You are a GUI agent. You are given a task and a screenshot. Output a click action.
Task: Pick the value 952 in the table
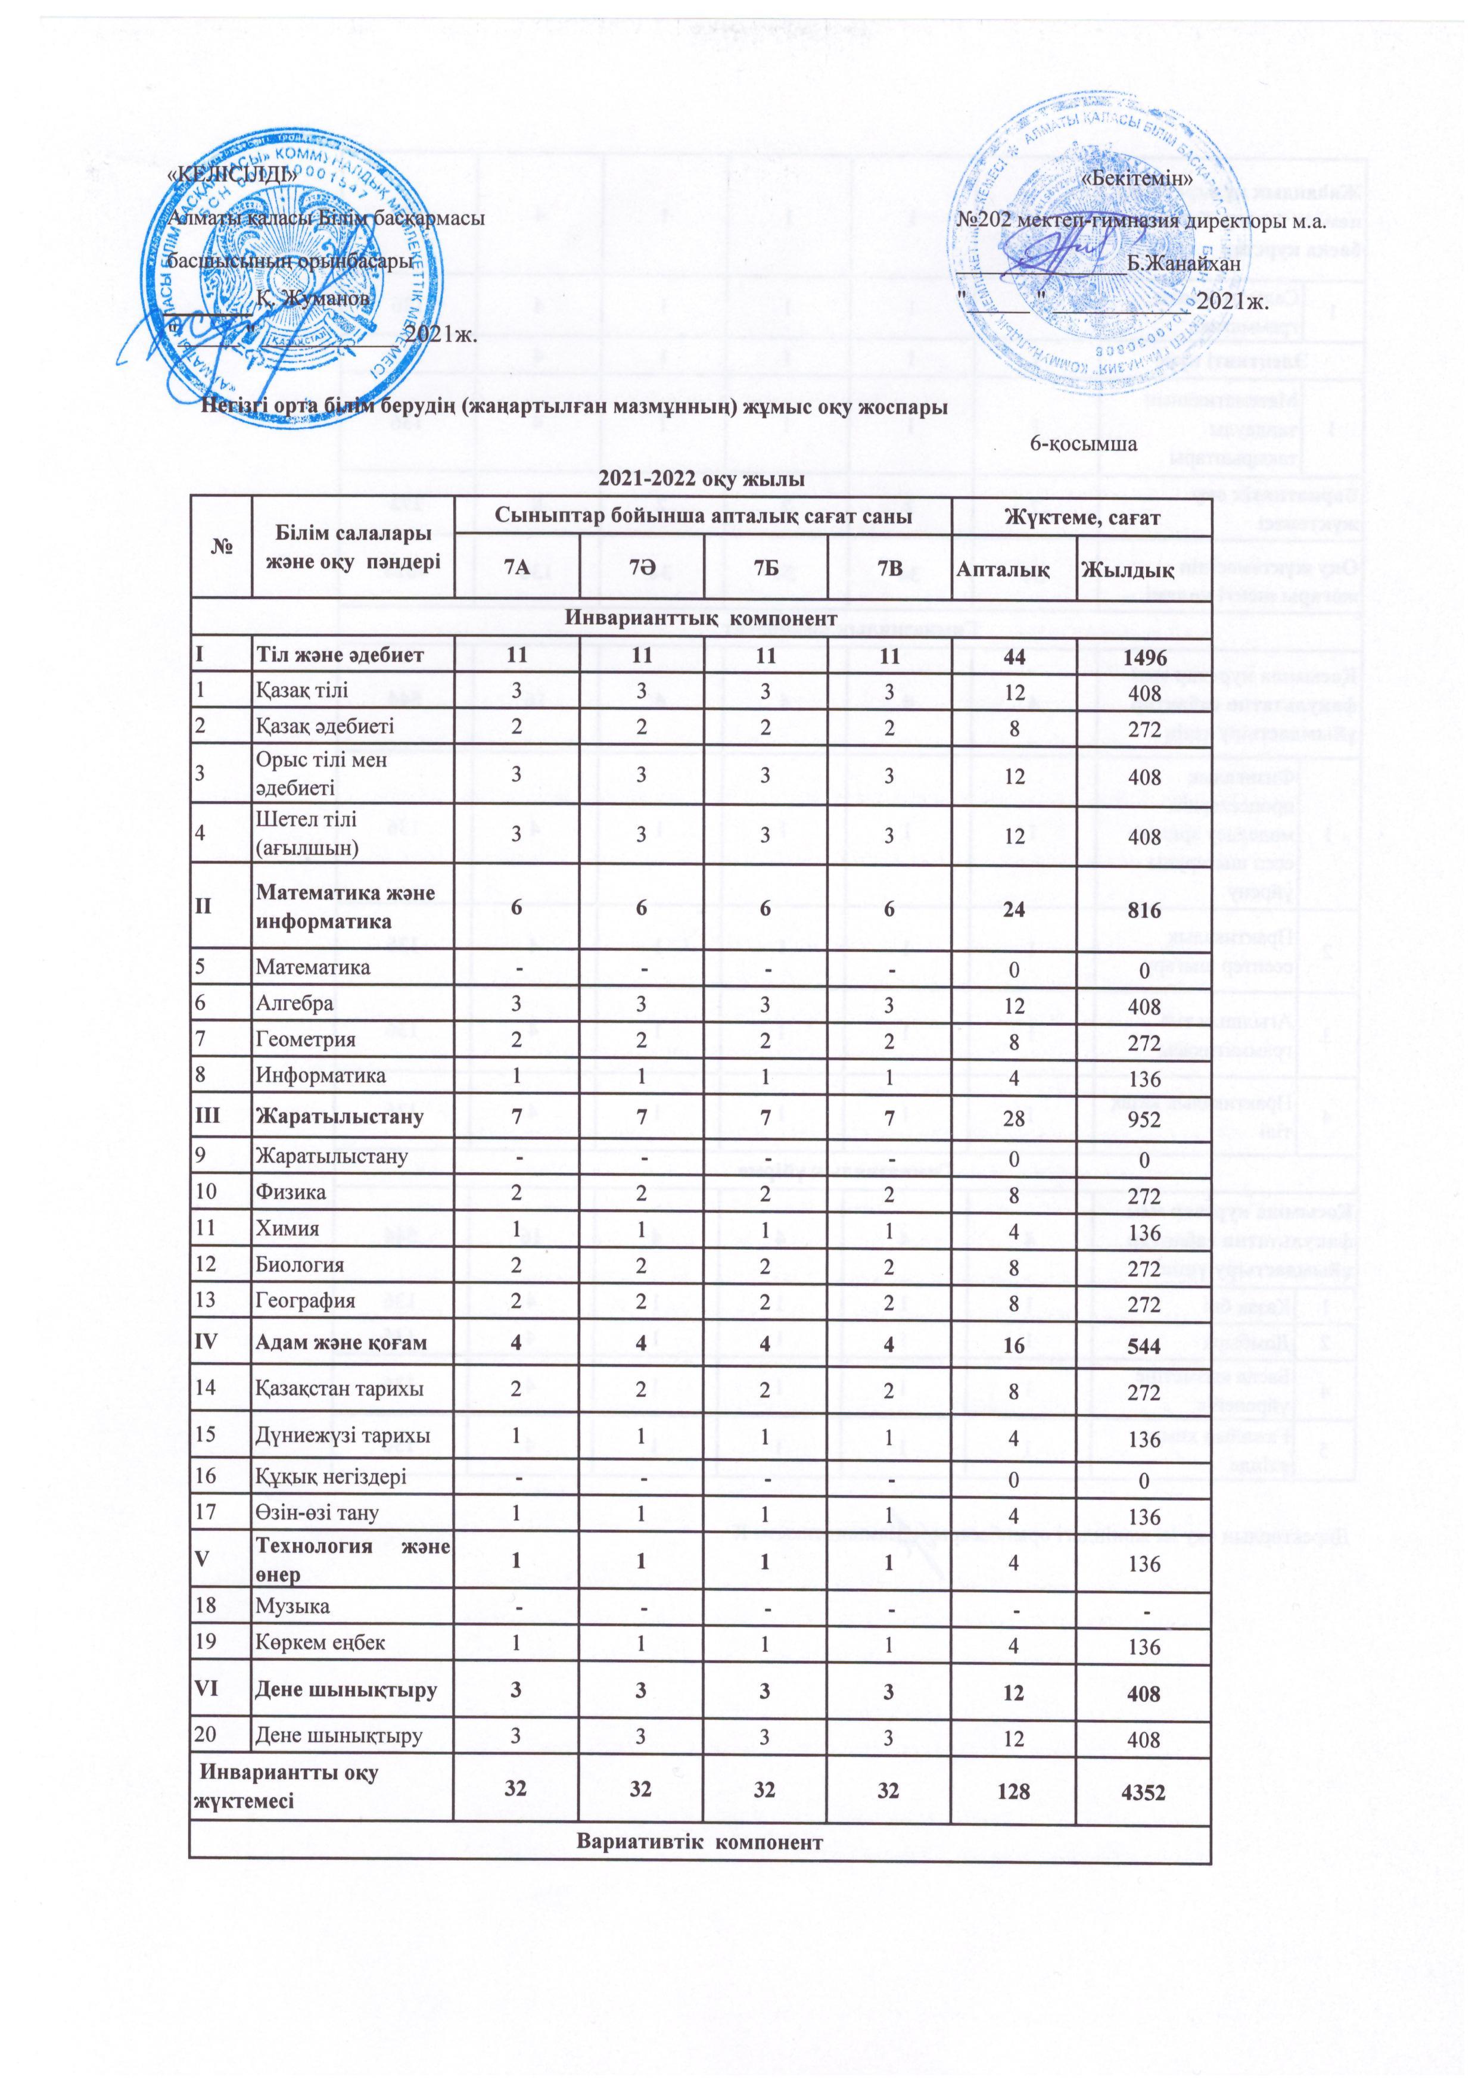click(x=1143, y=1118)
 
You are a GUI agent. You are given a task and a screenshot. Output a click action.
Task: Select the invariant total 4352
click(x=1143, y=1791)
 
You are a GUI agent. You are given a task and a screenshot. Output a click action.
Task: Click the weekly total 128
click(x=1012, y=1791)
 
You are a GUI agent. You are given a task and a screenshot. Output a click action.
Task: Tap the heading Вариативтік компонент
click(x=700, y=1842)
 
